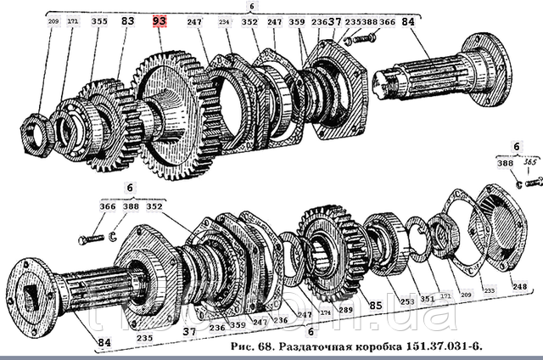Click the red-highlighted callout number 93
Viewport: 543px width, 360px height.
[x=160, y=20]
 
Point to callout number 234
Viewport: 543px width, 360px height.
[x=223, y=21]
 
